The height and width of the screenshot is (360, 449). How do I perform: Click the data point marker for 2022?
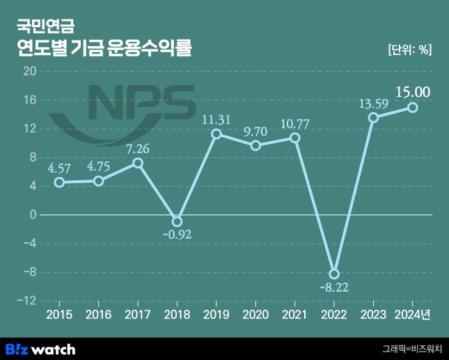pos(334,274)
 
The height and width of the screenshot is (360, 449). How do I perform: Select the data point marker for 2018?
pos(177,221)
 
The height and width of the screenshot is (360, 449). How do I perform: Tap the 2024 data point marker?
pos(413,107)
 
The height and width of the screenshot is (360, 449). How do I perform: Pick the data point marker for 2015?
pos(59,182)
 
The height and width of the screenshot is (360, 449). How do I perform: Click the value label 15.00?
pos(413,91)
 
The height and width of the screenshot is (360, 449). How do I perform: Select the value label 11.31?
pos(216,119)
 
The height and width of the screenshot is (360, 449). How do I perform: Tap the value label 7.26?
pos(138,149)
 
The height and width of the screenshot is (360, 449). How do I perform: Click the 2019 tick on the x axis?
pos(216,315)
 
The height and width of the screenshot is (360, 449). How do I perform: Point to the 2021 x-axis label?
pos(294,315)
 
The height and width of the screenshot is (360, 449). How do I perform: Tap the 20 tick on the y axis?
pos(29,71)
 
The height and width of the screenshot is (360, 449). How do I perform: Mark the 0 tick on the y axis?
pos(32,215)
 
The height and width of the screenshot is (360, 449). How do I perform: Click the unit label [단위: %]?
pos(409,49)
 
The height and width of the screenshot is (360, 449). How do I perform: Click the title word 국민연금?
pos(45,27)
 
